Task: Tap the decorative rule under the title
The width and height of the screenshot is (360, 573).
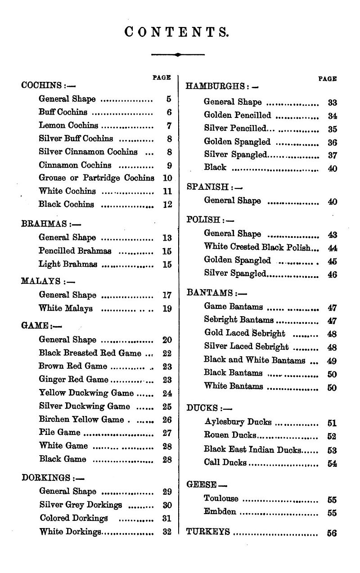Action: point(178,54)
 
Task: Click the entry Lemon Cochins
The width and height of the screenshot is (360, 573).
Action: point(68,125)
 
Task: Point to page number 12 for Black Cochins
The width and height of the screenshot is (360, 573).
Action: point(167,205)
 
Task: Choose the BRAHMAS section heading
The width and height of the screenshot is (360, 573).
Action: point(44,224)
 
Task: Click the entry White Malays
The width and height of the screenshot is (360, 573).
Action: point(66,308)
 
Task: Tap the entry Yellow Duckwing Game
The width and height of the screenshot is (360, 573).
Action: point(86,393)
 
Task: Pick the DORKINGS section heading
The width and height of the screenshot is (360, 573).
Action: point(46,477)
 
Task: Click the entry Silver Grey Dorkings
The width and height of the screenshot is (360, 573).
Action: point(81,505)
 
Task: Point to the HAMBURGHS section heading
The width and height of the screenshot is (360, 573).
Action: point(216,86)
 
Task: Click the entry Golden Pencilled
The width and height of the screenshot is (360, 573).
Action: point(238,115)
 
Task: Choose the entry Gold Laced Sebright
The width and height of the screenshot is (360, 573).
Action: point(244,333)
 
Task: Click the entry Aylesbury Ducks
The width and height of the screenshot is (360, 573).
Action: point(238,422)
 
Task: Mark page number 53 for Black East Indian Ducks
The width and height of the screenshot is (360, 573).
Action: point(332,450)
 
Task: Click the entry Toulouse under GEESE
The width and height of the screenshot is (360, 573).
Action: point(221,498)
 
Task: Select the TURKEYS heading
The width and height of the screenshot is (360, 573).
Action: point(208,532)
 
